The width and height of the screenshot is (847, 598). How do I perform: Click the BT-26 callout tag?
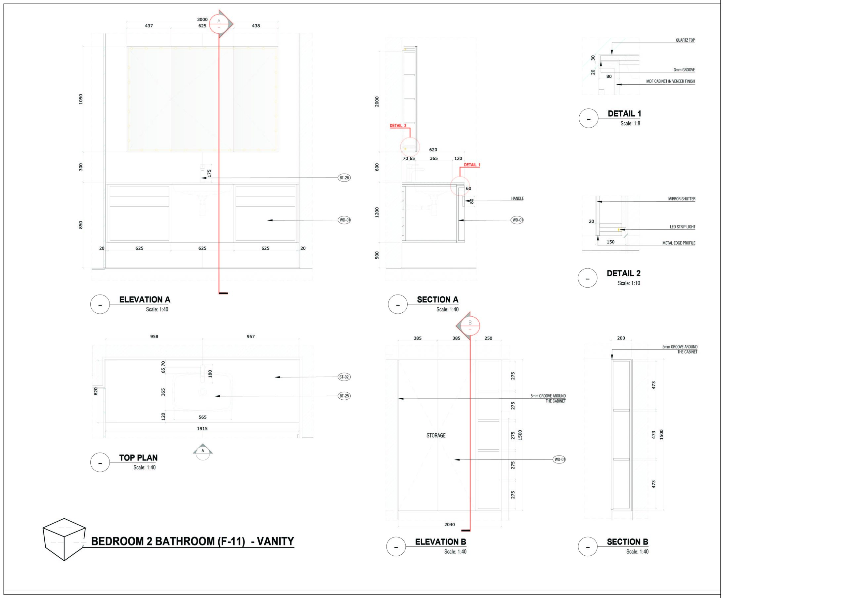344,178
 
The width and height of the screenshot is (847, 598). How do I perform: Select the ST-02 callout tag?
344,377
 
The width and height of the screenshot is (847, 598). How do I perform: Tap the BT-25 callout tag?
344,396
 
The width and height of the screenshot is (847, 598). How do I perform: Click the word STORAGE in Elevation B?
436,435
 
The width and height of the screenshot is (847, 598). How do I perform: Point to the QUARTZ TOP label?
685,40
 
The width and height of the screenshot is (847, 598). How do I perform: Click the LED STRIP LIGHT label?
682,227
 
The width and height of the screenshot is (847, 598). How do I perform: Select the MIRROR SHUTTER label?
681,199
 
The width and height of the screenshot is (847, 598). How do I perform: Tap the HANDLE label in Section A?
517,198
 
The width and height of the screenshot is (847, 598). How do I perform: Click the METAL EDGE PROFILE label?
678,243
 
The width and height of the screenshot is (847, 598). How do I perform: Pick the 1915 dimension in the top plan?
202,428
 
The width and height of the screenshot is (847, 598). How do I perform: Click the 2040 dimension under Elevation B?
449,524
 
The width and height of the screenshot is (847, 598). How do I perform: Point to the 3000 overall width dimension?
202,20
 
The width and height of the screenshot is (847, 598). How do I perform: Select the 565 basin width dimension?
202,417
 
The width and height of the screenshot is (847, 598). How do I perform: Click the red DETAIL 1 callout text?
472,165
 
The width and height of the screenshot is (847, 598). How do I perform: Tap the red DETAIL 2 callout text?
398,126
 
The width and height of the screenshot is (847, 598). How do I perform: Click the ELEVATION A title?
145,299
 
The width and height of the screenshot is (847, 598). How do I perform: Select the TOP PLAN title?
138,458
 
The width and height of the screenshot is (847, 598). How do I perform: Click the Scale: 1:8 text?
630,124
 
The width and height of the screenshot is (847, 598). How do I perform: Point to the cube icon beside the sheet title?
64,539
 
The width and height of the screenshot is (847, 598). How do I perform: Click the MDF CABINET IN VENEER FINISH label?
670,81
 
